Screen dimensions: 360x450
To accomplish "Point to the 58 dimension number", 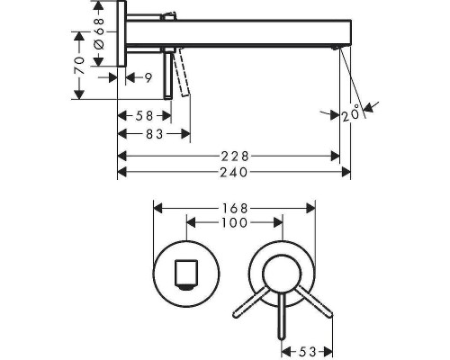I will pos(143,116).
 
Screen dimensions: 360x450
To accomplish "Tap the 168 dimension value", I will pos(235,207).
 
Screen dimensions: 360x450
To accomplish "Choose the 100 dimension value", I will pos(235,221).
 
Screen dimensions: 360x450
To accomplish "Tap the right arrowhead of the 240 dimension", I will pos(345,172).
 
